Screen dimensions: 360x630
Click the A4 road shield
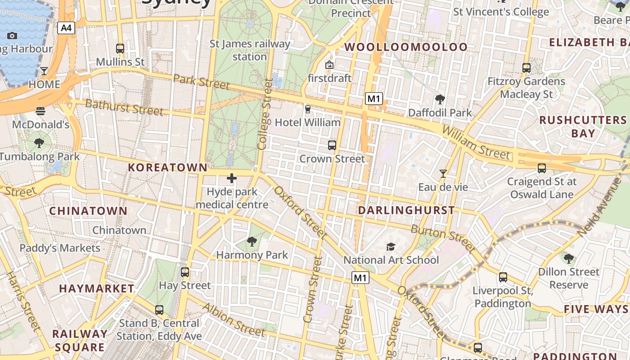66,28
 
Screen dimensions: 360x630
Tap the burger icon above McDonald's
40,111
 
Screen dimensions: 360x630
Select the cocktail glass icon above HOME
44,71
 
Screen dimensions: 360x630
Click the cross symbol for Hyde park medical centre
232,178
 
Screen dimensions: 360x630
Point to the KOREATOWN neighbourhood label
168,168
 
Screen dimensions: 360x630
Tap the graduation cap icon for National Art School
391,247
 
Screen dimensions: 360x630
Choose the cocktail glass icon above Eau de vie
443,174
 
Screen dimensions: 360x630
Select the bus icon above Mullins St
120,49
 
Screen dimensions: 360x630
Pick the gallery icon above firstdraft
329,65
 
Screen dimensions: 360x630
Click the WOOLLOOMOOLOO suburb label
406,47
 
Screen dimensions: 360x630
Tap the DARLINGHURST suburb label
406,210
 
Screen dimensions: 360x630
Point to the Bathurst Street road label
124,107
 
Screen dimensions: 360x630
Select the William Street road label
477,143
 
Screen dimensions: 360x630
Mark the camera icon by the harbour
12,36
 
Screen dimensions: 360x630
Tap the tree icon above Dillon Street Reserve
569,259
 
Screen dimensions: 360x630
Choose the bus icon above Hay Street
185,272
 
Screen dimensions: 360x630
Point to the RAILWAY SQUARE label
80,341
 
